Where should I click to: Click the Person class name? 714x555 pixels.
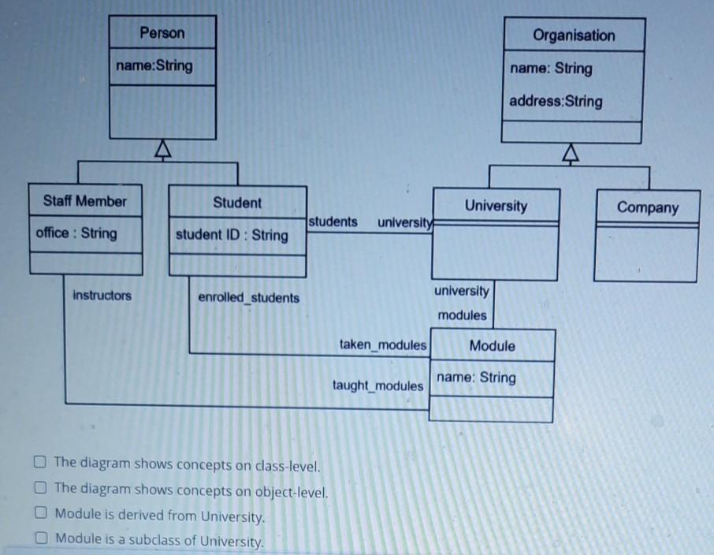tap(162, 33)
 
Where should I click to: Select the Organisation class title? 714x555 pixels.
tap(573, 35)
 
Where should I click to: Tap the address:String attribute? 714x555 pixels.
tap(556, 101)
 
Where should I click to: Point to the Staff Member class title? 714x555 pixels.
tap(85, 200)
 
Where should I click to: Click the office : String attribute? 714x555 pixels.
tap(76, 233)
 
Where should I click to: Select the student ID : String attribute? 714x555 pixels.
tap(232, 235)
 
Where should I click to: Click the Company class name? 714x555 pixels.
tap(647, 207)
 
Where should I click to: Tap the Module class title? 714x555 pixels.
tap(492, 345)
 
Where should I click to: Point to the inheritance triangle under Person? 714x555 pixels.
tap(162, 148)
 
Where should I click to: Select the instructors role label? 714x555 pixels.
tap(102, 296)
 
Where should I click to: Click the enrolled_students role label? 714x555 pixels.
tap(248, 298)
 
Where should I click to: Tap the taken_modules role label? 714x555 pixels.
tap(383, 345)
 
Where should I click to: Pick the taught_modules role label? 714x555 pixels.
tap(377, 386)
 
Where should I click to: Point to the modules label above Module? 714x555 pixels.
tap(462, 315)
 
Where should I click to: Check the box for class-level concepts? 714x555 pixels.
tap(40, 463)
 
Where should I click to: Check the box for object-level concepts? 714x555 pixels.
tap(40, 489)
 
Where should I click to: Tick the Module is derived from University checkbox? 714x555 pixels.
tap(40, 514)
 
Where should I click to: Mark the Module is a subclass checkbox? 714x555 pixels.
tap(40, 540)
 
